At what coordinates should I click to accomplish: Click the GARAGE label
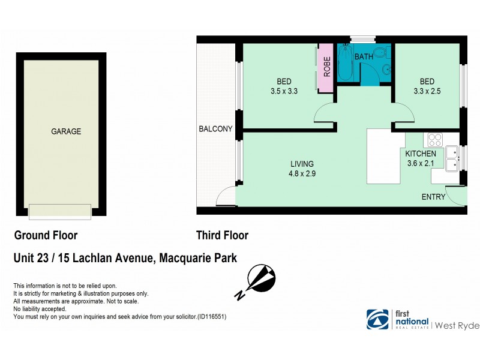65,131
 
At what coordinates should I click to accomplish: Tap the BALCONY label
215,129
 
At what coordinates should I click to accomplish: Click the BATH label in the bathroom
364,57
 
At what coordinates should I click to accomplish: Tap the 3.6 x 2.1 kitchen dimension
421,163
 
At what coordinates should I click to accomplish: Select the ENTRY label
433,197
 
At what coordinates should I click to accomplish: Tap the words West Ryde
457,325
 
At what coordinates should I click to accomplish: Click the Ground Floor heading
46,235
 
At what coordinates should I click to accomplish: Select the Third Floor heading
222,235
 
